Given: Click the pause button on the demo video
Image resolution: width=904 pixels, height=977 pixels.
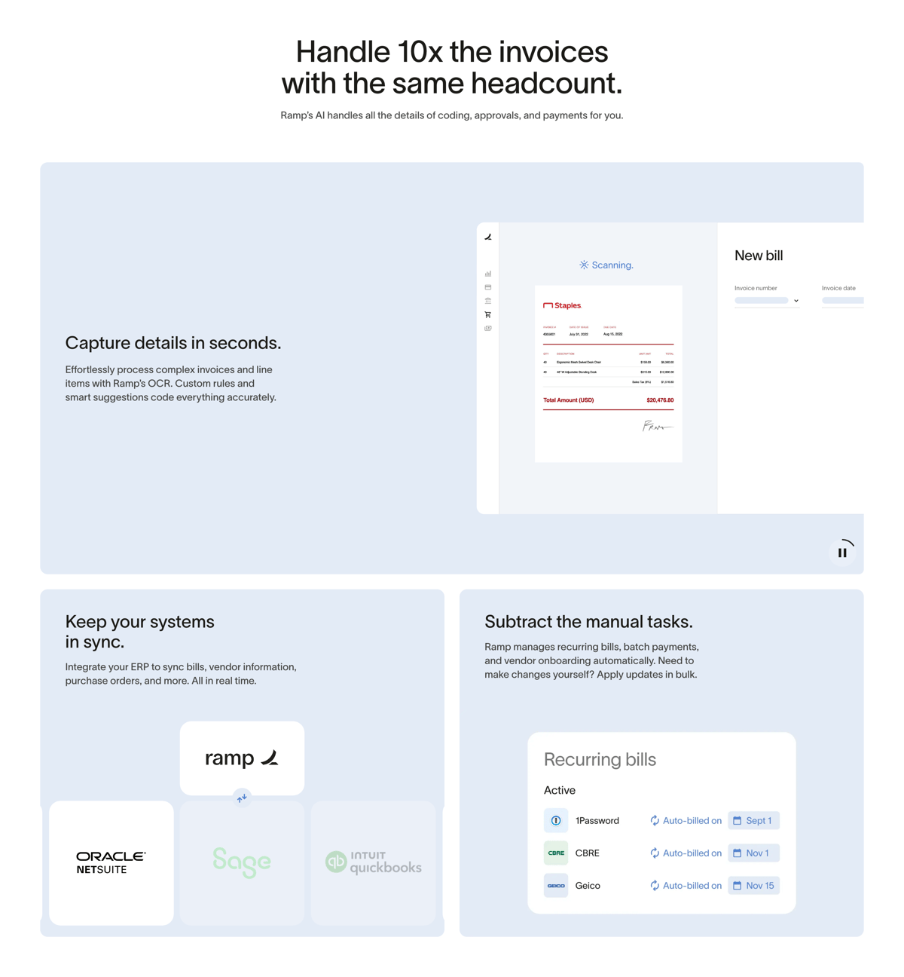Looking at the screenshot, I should (x=842, y=553).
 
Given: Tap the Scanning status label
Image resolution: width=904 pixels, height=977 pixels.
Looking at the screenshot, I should (x=606, y=265).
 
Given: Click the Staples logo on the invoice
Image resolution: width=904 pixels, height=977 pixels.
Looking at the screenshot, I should (x=562, y=305).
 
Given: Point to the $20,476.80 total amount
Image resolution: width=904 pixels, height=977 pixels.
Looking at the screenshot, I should (x=659, y=400).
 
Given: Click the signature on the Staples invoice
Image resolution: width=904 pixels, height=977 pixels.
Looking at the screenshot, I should (x=656, y=427).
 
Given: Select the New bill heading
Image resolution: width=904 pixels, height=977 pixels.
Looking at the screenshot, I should (x=759, y=256).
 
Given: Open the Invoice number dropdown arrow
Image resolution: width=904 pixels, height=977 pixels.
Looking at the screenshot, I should (x=796, y=301).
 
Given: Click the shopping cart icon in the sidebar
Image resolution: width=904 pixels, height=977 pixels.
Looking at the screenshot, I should (x=488, y=314).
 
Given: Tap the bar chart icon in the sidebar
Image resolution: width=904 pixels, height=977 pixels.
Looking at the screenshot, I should (x=488, y=274).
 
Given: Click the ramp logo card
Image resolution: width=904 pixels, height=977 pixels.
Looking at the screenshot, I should (x=242, y=758).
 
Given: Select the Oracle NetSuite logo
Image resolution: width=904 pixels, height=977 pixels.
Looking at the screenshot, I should (x=111, y=862).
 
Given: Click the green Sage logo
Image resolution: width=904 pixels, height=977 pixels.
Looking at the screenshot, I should (x=242, y=862).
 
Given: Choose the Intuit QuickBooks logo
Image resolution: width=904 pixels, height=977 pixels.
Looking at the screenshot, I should (x=374, y=862).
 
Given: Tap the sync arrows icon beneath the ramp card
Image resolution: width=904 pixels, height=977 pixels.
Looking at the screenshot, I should (x=242, y=798).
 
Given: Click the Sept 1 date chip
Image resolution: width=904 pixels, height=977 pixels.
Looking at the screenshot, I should (x=753, y=820).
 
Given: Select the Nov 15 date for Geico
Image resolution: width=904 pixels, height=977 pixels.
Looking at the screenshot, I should (x=753, y=886).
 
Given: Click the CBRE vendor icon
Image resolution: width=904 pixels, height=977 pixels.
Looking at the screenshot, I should (x=556, y=853).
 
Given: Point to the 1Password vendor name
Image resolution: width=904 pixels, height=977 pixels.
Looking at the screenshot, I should (x=597, y=821).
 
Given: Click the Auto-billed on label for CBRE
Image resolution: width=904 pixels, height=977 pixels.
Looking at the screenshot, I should (x=686, y=853).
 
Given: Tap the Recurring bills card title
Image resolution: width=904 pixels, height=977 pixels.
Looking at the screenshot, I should (x=600, y=759).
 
